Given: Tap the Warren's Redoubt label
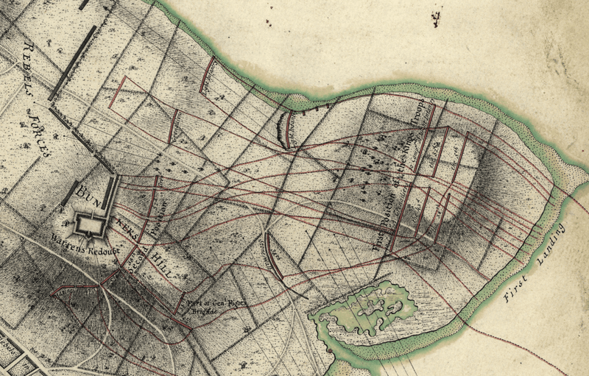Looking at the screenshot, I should [79, 241].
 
